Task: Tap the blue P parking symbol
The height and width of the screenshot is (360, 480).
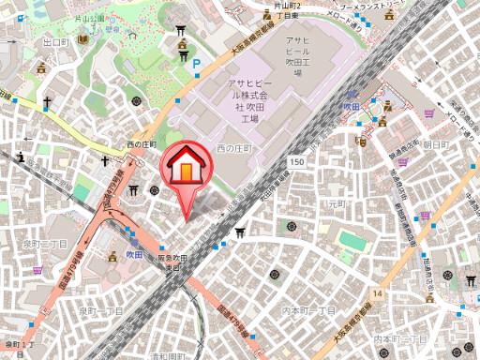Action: point(196,66)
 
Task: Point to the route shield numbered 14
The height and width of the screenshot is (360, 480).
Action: point(377,294)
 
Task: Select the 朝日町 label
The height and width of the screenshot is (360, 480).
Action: point(436,144)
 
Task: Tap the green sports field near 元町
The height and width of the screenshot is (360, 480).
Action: point(351,241)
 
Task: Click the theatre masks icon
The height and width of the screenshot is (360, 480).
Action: point(361,143)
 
